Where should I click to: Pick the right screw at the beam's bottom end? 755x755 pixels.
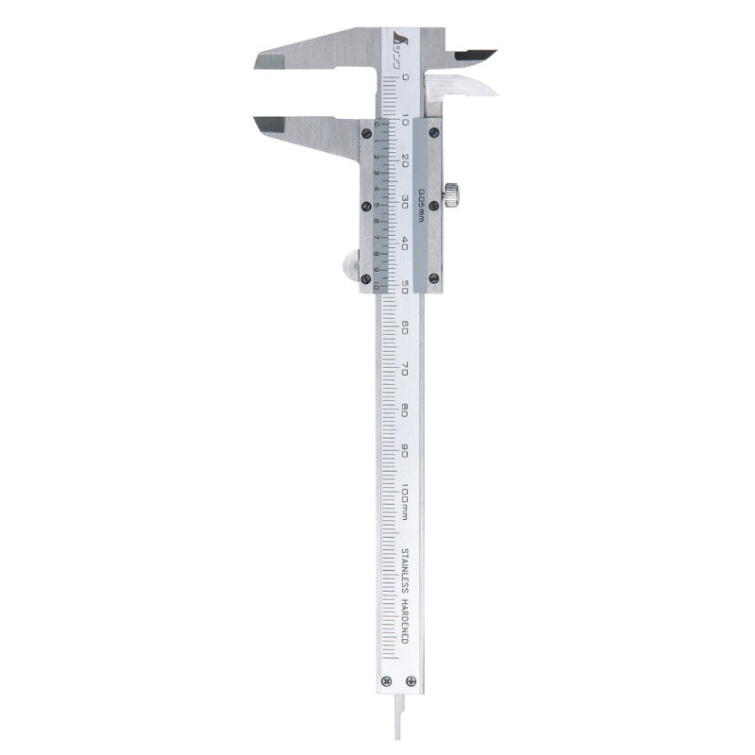410,681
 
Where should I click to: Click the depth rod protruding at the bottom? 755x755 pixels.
397,727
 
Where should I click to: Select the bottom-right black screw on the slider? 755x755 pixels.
434,277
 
